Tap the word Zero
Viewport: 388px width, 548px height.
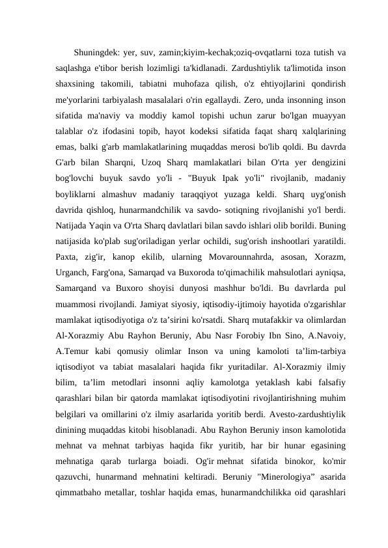pyautogui.click(x=255, y=100)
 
